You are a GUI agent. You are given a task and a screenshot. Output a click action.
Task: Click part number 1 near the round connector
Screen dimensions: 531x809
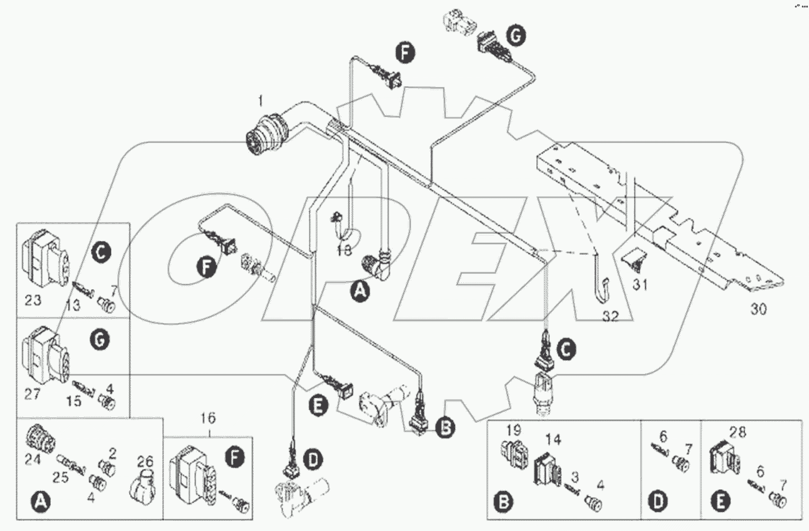pos(260,101)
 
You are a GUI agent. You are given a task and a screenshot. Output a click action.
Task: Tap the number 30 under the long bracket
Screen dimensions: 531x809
pos(759,309)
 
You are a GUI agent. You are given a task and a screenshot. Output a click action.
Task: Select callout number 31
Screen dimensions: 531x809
pos(639,285)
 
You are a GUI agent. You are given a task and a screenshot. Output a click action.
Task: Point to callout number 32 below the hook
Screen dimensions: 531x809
pos(610,317)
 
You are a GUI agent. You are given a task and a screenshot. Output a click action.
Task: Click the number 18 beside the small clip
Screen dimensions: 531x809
pos(344,250)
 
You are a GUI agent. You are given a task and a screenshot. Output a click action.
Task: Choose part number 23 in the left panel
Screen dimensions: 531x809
pos(33,299)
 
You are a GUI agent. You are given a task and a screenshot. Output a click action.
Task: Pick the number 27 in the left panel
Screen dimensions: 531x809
pos(32,393)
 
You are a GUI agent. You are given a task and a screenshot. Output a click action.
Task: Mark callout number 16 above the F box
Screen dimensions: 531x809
pos(208,418)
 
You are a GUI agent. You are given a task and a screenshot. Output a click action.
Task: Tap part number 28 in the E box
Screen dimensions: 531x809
pos(737,432)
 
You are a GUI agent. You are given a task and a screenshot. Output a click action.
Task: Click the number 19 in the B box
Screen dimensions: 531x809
pos(513,431)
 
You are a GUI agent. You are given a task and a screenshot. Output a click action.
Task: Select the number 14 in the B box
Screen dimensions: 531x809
pos(553,440)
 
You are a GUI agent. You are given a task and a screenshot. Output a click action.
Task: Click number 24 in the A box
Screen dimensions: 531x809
pos(32,460)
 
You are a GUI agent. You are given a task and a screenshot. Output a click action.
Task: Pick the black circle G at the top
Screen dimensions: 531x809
pos(515,36)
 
